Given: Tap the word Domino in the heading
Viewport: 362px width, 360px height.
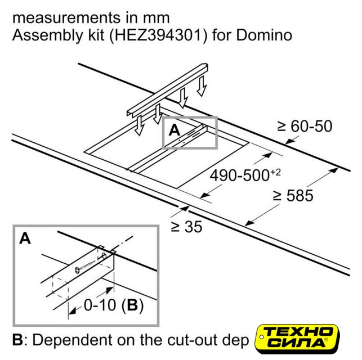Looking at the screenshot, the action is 264,35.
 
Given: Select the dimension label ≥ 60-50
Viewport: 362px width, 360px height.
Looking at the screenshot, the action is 305,126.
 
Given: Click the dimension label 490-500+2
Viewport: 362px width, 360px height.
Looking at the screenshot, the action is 245,175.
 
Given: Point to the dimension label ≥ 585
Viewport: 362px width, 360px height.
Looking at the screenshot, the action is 293,196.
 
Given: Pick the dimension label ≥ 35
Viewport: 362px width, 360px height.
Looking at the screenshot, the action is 186,227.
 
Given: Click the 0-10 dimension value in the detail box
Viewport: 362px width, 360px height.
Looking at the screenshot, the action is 100,305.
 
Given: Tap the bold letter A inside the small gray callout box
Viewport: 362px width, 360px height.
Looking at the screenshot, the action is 175,130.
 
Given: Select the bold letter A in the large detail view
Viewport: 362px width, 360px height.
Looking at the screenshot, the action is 25,238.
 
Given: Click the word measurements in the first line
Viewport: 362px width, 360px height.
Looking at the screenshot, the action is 66,19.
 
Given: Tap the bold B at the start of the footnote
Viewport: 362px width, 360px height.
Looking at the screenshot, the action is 17,340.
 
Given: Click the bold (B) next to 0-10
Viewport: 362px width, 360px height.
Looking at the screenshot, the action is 132,305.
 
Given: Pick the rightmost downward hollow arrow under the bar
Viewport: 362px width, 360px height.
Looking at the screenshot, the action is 202,86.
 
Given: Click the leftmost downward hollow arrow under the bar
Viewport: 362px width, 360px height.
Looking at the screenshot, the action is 140,125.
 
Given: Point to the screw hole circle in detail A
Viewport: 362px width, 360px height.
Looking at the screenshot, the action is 104,256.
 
